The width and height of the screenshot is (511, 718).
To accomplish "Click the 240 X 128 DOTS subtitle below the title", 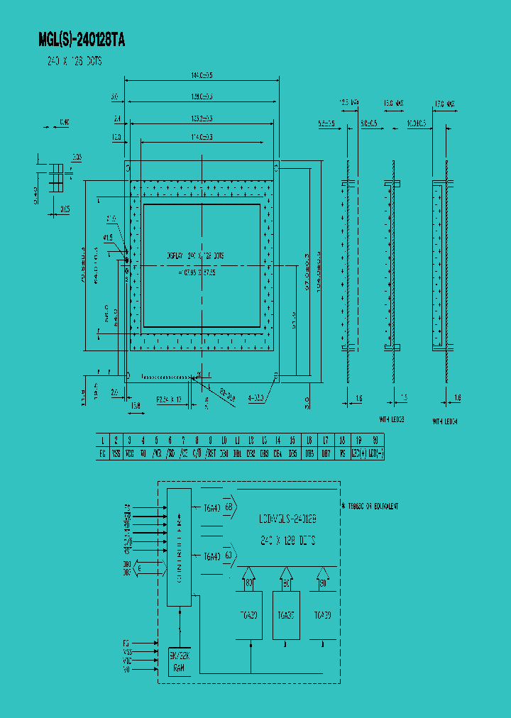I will tap(70, 62).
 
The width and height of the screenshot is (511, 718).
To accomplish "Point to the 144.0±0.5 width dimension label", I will tap(202, 74).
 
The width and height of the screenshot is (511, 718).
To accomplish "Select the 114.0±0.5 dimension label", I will tap(202, 137).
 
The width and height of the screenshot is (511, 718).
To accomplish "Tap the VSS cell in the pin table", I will tap(116, 453).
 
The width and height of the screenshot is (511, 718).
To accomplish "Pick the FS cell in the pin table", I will tap(342, 453).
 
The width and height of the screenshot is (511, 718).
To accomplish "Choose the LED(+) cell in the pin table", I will tap(360, 453).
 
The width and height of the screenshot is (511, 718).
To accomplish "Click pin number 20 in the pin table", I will tap(375, 441).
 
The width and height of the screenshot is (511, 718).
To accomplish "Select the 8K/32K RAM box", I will tap(179, 661).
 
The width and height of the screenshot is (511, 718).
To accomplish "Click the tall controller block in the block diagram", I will tap(179, 546).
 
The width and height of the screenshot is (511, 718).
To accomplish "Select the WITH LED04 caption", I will tap(446, 421).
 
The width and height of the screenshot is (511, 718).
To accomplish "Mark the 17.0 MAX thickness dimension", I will tap(444, 104).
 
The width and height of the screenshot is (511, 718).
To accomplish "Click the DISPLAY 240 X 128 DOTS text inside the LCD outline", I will tap(201, 255).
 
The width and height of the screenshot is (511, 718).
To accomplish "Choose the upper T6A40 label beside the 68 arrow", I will tap(211, 507).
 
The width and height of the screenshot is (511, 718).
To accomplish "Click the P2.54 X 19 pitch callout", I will tap(168, 400).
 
